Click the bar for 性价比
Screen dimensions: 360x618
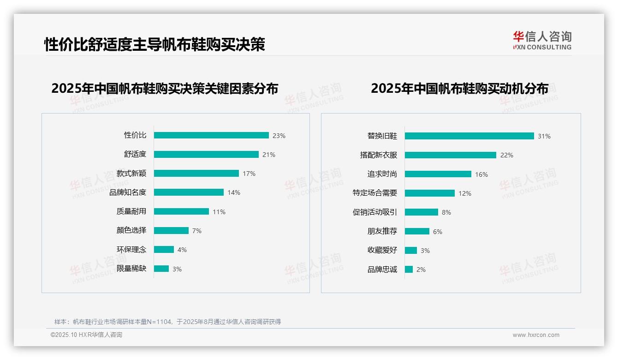point(211,135)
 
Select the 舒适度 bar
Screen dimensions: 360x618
point(206,155)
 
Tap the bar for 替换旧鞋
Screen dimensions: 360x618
point(469,136)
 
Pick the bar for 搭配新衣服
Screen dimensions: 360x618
point(450,155)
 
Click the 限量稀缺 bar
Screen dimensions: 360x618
point(161,269)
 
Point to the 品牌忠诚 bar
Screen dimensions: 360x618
point(409,270)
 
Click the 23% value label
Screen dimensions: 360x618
point(279,136)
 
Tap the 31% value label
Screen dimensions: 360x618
point(544,136)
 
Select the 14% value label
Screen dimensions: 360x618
point(234,192)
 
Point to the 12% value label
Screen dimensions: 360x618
point(465,193)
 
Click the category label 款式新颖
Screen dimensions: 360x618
point(131,174)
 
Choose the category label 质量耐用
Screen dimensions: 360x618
point(131,211)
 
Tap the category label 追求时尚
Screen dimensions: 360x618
point(382,174)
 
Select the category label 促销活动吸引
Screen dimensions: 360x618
point(374,212)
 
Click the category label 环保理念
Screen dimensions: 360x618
point(131,250)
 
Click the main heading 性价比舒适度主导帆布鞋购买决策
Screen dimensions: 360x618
point(154,45)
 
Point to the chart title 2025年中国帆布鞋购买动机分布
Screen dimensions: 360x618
point(459,89)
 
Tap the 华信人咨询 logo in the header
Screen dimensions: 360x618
point(542,40)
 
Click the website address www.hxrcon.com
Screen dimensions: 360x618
point(536,335)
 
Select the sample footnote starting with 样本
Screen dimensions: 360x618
point(167,322)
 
